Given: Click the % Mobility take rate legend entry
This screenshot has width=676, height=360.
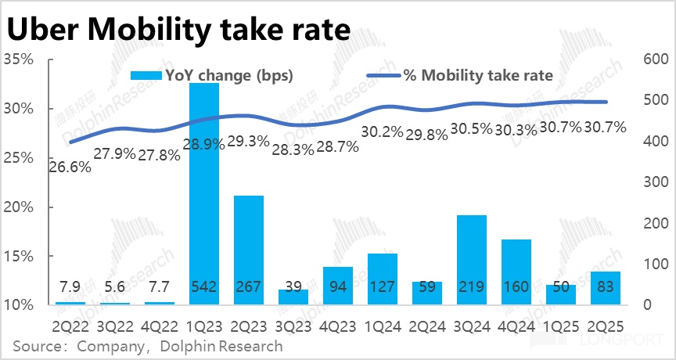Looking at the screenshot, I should [x=462, y=75].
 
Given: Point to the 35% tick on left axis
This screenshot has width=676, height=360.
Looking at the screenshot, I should [x=18, y=59].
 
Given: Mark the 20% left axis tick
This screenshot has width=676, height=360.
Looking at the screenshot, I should [x=18, y=207].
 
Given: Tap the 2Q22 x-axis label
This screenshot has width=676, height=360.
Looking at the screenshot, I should [x=70, y=322].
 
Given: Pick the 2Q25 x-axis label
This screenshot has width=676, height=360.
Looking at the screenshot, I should [x=605, y=322].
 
